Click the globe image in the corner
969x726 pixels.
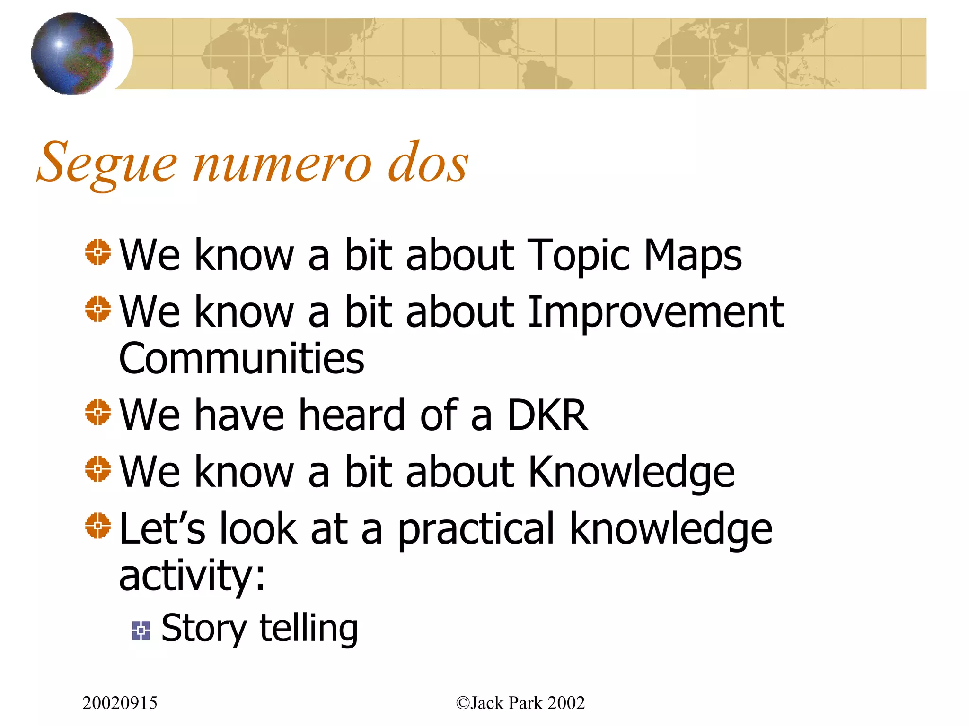click(72, 53)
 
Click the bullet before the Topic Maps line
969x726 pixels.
click(98, 252)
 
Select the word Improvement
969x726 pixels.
click(656, 312)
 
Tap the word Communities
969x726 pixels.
click(242, 358)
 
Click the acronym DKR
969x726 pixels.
click(547, 415)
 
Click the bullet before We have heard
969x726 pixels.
click(98, 412)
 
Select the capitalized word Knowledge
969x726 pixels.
click(631, 472)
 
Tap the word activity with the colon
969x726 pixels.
click(192, 576)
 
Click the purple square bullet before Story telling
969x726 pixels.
click(141, 630)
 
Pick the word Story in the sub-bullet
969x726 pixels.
click(204, 629)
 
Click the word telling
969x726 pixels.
click(308, 629)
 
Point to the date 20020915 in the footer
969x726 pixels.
click(120, 703)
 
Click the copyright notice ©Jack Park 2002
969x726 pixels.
click(520, 703)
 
